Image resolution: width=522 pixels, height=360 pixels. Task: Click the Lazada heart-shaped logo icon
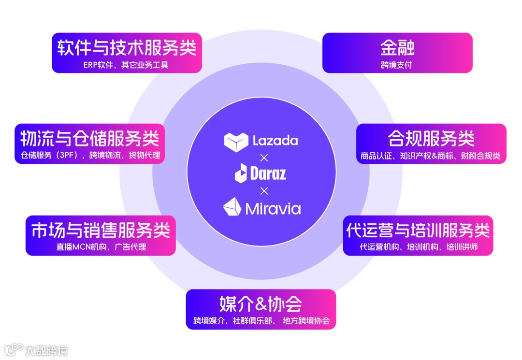pos(236,141)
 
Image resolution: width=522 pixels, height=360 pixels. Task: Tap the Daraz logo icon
pos(241,173)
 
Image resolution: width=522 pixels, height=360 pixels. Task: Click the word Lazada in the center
pos(275,141)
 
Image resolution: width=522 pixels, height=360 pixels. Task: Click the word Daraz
pos(268,173)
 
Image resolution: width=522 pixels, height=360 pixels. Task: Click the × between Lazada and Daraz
pos(264,158)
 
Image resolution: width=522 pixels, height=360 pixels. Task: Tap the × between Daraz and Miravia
pos(264,190)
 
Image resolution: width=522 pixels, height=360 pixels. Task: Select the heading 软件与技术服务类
pos(127,48)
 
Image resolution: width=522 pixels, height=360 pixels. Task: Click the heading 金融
pos(397,48)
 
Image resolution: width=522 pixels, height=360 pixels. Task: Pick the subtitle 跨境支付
pos(397,65)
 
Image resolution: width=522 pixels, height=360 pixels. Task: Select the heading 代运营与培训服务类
pos(418,230)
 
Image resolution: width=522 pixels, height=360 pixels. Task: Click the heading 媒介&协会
pos(261,304)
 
